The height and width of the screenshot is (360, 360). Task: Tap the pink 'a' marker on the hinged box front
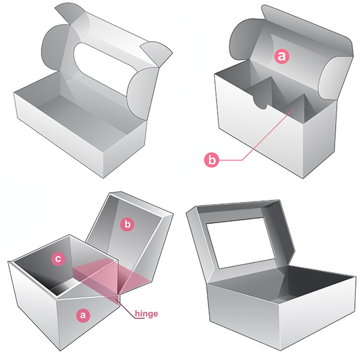[82, 315]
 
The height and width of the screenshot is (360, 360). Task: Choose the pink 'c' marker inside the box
[59, 258]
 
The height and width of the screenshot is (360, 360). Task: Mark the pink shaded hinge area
[108, 277]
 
